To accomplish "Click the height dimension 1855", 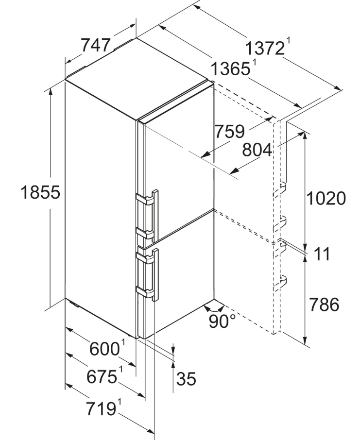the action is tap(40, 192).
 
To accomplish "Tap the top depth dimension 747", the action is tap(96, 45).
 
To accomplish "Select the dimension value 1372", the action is tap(265, 48).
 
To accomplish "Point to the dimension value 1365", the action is tap(230, 69).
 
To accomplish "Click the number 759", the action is tap(230, 132).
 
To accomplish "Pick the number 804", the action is tap(257, 150).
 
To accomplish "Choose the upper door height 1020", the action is tap(326, 199).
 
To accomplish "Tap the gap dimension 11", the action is tap(322, 254).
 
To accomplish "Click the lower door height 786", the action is tap(324, 305).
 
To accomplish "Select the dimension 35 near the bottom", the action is tap(186, 379).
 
